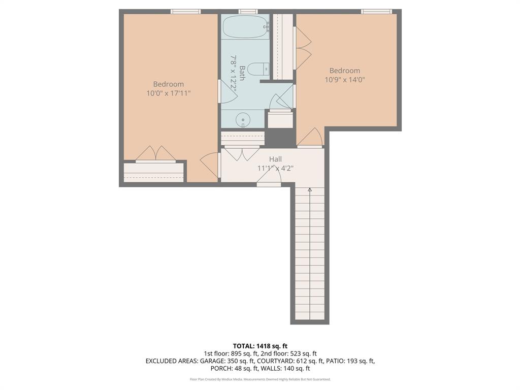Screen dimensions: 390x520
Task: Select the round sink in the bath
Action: coord(243,119)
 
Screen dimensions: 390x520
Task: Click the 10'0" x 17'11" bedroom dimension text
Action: coord(169,93)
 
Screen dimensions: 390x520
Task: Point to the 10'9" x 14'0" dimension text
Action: coord(345,79)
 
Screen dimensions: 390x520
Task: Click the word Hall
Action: coord(275,159)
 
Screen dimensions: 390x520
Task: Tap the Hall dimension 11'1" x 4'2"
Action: coord(275,168)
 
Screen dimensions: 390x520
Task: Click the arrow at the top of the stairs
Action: coord(310,189)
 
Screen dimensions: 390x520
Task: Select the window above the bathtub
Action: coord(248,11)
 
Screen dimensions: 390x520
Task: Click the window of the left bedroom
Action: coord(185,11)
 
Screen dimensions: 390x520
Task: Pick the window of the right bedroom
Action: coord(376,11)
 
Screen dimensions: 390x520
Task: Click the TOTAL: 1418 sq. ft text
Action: coord(260,346)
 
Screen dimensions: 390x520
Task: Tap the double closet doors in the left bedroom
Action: coord(155,154)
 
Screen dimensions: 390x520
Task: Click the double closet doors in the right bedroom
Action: coord(303,48)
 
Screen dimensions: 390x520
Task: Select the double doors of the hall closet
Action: coord(242,153)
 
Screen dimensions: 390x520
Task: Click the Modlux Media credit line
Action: coord(260,379)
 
